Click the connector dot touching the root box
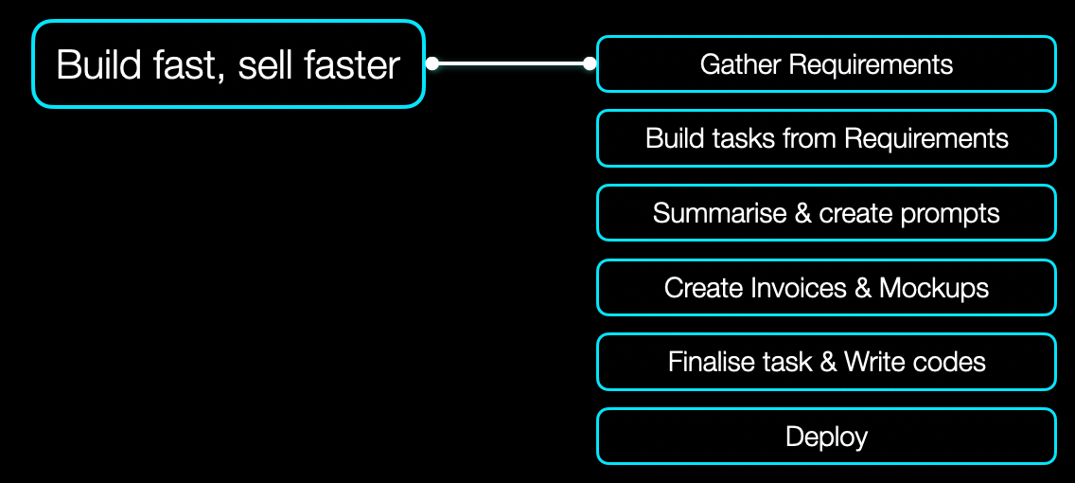(432, 64)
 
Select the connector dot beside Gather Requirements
(590, 64)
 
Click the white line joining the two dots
(511, 64)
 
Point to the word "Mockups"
(934, 288)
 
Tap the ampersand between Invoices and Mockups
(862, 288)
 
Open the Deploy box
(826, 437)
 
